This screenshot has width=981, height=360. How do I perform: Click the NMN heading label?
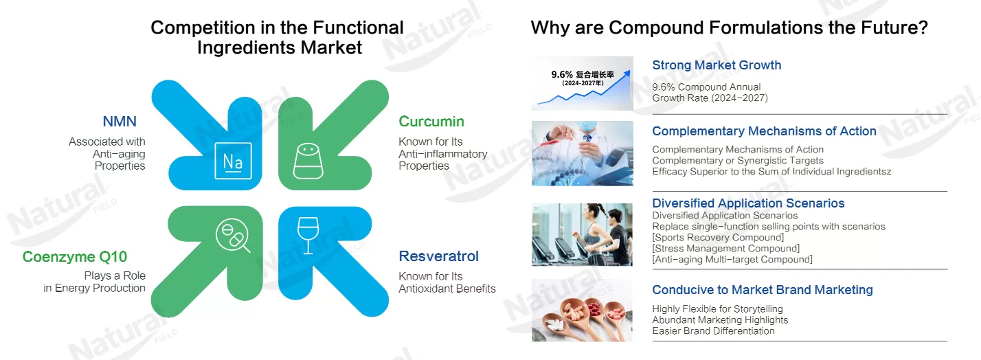(x=120, y=122)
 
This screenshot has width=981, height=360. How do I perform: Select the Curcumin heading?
(x=431, y=122)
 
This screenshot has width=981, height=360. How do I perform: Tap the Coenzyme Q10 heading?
(x=75, y=257)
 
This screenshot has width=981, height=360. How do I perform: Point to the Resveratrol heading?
(x=438, y=256)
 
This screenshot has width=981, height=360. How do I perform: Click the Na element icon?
(x=233, y=161)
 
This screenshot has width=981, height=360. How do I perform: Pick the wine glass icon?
(x=308, y=235)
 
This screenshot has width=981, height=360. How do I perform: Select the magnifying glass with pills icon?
(x=233, y=235)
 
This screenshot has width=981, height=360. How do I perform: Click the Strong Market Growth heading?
(x=717, y=65)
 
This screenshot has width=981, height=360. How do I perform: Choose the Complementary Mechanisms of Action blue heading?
(x=764, y=131)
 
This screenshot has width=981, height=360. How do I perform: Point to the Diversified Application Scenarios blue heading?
(x=748, y=203)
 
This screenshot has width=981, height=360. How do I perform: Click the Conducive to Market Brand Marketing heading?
(x=763, y=289)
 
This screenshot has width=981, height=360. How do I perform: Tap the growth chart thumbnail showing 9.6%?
(x=583, y=83)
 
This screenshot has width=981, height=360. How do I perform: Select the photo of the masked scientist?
(x=583, y=153)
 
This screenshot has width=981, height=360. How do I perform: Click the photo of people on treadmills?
(x=583, y=235)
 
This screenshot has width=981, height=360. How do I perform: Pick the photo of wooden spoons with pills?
(x=583, y=311)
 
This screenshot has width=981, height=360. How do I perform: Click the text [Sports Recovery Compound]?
(x=719, y=238)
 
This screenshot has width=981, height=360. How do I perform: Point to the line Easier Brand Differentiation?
(x=713, y=331)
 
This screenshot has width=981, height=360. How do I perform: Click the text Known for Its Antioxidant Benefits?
(x=447, y=282)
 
